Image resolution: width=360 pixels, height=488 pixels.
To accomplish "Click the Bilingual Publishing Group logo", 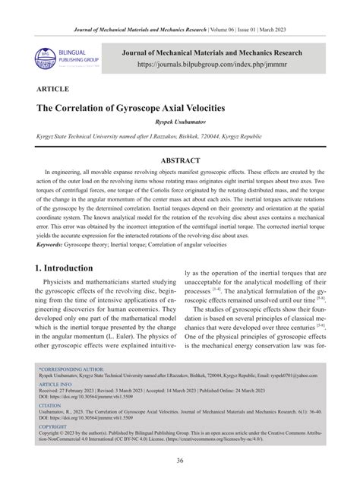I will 58,57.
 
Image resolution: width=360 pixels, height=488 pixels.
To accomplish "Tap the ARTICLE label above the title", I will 52,88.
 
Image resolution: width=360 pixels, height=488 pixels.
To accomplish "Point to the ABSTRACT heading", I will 180,160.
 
